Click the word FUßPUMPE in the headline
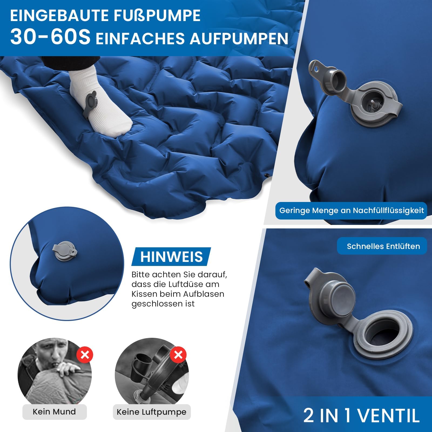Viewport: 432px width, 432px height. point(157,16)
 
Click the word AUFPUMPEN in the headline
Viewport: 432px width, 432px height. point(239,38)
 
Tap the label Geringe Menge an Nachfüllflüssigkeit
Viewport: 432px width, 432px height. point(352,211)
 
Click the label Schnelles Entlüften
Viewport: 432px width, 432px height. point(383,246)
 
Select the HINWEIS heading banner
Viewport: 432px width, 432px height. point(171,256)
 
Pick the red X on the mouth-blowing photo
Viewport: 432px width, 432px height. point(85,355)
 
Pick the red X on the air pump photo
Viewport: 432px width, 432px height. point(178,355)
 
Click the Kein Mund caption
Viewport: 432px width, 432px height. point(54,412)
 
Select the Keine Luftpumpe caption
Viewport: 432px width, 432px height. point(151,412)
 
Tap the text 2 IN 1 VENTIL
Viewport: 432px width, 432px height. point(362,415)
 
